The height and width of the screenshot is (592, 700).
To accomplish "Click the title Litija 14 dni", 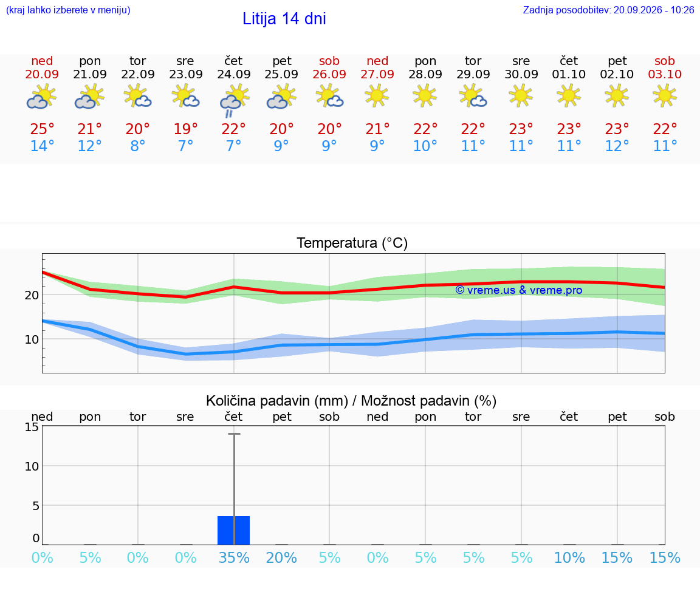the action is [x=284, y=19].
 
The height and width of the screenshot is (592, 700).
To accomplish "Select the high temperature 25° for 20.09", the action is [x=42, y=129].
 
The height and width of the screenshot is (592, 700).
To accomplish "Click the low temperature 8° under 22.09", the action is [x=137, y=146].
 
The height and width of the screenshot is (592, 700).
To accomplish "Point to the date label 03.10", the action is [x=665, y=74].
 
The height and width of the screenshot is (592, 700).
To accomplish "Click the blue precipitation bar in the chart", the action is [x=233, y=531].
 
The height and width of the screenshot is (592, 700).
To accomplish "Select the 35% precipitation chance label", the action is [x=234, y=557].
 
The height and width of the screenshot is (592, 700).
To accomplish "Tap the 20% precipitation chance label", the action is [x=281, y=557].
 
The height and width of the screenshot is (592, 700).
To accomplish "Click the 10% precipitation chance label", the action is [x=569, y=557].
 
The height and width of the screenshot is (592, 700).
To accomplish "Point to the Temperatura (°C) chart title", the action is [x=352, y=243].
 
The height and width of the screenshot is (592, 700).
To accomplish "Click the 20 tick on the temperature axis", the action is [x=32, y=295].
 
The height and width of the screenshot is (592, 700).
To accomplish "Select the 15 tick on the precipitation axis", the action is [x=32, y=427].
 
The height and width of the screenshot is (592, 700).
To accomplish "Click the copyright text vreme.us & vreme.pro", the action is [x=519, y=290].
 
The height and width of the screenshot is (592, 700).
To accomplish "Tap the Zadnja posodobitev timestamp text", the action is [x=608, y=10].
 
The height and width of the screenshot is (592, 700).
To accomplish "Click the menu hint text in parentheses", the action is [x=68, y=10].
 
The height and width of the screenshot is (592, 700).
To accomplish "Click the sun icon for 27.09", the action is [x=377, y=96].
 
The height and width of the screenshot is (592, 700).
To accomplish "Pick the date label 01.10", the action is [x=569, y=74].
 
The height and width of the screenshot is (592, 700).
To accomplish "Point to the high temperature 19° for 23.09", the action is [x=186, y=129].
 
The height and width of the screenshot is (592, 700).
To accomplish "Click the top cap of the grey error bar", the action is [x=234, y=434].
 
